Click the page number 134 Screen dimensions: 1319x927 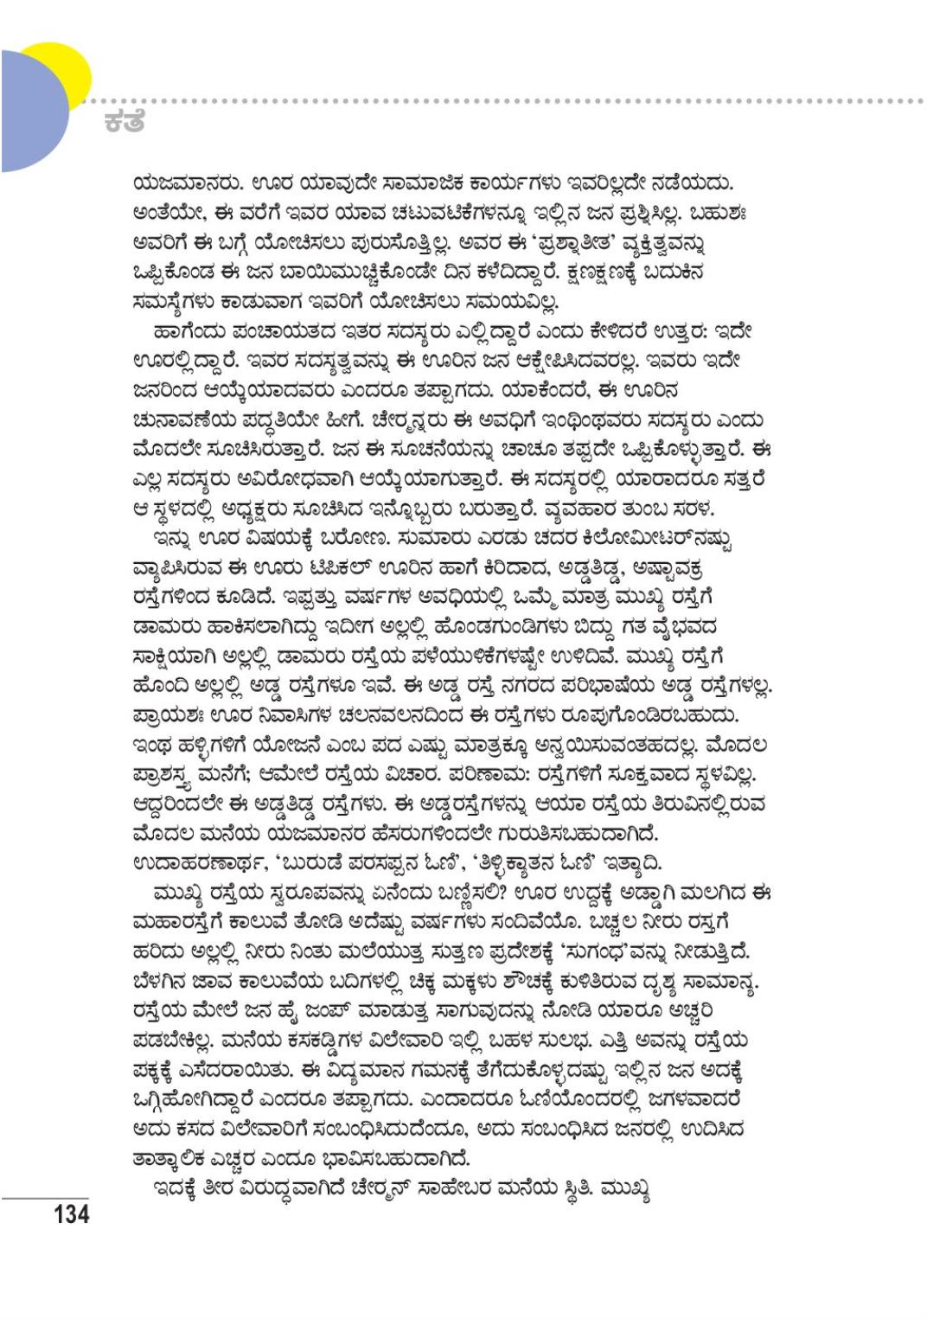70,1213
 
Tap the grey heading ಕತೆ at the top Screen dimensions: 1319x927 122,122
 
